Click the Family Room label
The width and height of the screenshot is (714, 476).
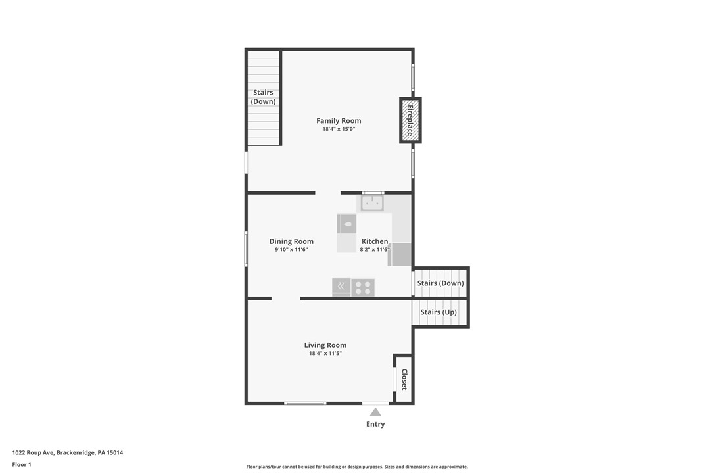coord(339,120)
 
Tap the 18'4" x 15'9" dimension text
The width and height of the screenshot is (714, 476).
coord(339,129)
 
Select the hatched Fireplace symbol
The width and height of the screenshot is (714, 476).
coord(410,120)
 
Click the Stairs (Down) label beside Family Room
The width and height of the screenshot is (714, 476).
coord(263,97)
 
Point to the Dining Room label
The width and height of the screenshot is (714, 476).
coord(291,241)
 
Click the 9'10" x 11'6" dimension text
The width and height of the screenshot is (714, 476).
coord(291,250)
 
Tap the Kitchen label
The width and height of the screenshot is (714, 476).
coord(375,241)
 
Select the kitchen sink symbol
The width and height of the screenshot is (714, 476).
coord(372,203)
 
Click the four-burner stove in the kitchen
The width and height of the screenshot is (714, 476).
coord(363,287)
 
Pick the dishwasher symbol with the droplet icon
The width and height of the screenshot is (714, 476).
coord(347,224)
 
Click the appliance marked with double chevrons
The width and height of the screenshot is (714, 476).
coord(341,287)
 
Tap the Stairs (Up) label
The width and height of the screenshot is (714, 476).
coord(439,312)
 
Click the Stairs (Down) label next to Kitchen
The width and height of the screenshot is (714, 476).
coord(440,283)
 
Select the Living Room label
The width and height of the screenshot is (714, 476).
coord(325,345)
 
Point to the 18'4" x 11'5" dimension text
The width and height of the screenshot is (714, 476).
coord(325,354)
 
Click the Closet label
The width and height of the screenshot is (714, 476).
coord(404,379)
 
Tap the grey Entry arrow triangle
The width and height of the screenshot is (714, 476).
coord(375,412)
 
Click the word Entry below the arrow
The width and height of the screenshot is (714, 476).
coord(375,425)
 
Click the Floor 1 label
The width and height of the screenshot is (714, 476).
coord(22,464)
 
